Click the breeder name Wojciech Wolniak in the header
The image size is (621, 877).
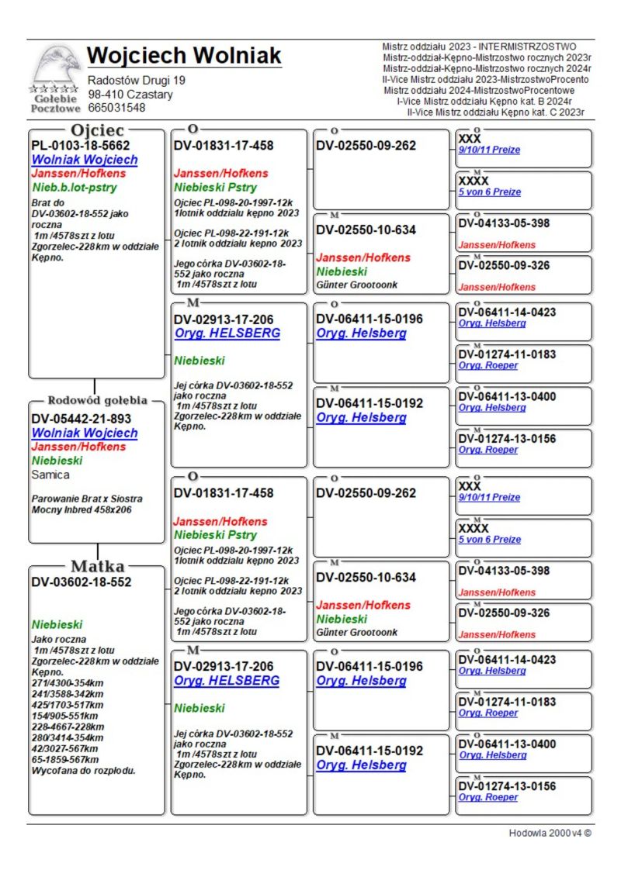(x=184, y=56)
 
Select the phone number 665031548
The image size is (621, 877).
(x=116, y=108)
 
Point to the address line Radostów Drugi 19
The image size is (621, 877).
(x=137, y=81)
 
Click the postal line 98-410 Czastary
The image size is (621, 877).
(x=130, y=95)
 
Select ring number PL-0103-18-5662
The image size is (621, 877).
(x=81, y=145)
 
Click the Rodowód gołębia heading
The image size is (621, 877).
(x=97, y=400)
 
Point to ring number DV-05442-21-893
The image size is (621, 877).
(x=82, y=419)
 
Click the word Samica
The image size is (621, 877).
(x=50, y=475)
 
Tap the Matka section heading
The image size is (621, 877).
(x=97, y=565)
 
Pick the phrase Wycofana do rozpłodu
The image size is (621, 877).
(x=84, y=771)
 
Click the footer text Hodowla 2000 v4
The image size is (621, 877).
(x=550, y=833)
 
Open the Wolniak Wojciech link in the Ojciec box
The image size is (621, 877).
(x=85, y=160)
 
